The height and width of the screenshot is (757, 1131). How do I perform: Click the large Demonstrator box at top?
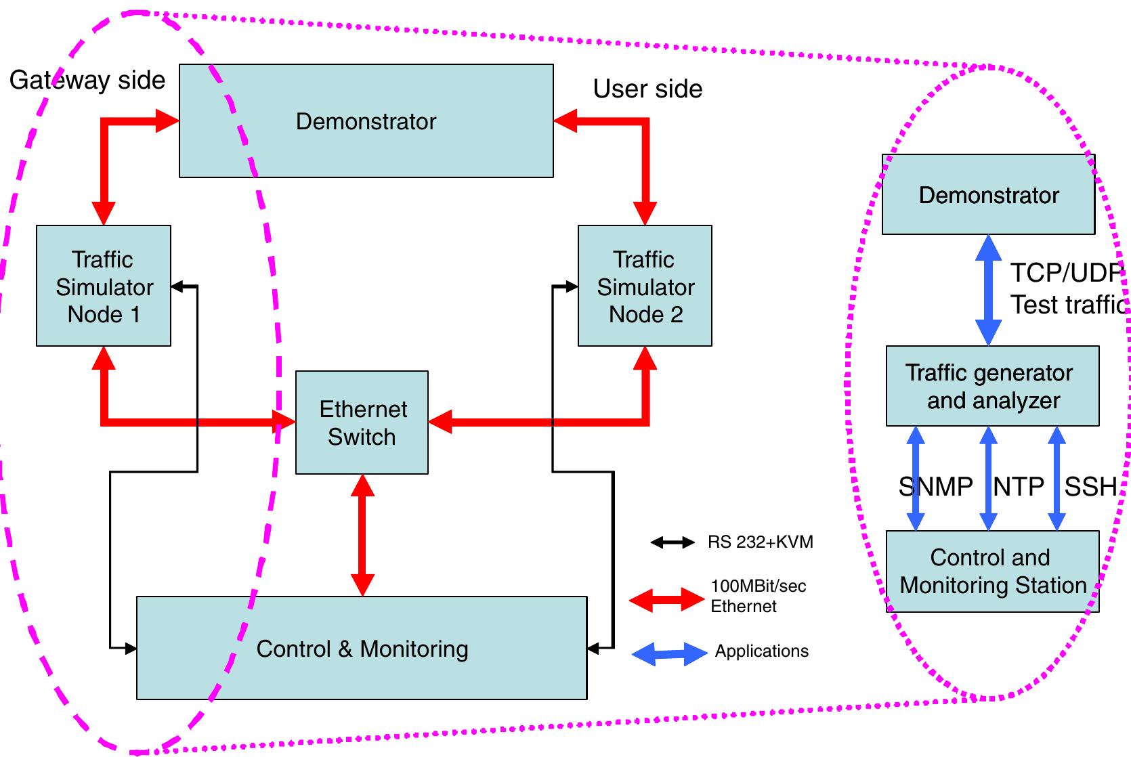click(366, 121)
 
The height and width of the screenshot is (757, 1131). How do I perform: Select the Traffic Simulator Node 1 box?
click(104, 286)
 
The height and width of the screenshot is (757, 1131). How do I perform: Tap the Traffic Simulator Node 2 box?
click(645, 286)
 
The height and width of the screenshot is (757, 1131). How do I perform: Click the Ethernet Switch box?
click(362, 423)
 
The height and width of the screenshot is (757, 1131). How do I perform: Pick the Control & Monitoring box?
click(362, 648)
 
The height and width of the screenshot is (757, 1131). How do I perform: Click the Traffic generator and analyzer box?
click(992, 386)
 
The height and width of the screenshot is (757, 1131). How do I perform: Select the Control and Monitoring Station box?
click(992, 571)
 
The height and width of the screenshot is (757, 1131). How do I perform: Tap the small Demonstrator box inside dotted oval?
click(988, 195)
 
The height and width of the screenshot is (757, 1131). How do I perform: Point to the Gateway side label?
click(87, 80)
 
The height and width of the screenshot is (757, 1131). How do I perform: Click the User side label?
click(647, 89)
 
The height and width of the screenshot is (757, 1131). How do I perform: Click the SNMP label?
click(935, 486)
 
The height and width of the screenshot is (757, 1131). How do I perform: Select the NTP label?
click(1018, 486)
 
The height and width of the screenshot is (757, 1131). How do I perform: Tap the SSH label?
click(1090, 486)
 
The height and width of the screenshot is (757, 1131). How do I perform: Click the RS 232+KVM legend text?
click(760, 542)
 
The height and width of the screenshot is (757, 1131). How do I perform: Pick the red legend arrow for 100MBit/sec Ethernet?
click(666, 599)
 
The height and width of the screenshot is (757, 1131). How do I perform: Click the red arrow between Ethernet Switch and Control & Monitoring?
click(362, 535)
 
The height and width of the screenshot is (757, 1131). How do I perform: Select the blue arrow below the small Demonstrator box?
click(988, 290)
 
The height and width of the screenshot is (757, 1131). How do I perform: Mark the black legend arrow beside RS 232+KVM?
click(672, 542)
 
